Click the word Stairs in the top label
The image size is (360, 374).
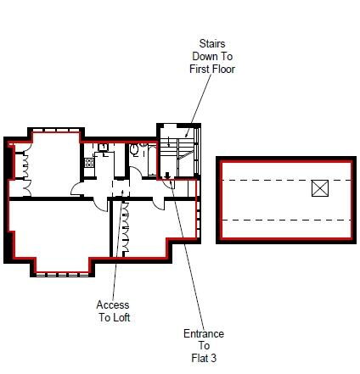(212, 44)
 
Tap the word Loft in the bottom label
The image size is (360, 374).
(121, 317)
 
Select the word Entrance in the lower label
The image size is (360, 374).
(204, 333)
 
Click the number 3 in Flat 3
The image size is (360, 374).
(213, 358)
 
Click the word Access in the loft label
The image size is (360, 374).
(113, 304)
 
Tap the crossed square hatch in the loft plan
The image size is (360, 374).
(320, 188)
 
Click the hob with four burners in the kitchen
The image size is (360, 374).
(89, 163)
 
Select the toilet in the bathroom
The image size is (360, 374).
(134, 149)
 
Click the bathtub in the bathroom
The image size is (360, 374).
(152, 160)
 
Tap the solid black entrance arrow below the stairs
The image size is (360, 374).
(167, 176)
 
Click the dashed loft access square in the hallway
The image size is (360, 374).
(121, 187)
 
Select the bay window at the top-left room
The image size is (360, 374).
(56, 131)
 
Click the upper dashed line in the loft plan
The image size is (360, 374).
(286, 180)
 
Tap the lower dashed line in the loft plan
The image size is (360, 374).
(286, 220)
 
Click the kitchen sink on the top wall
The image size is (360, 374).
(103, 147)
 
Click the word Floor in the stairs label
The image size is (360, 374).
(222, 69)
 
